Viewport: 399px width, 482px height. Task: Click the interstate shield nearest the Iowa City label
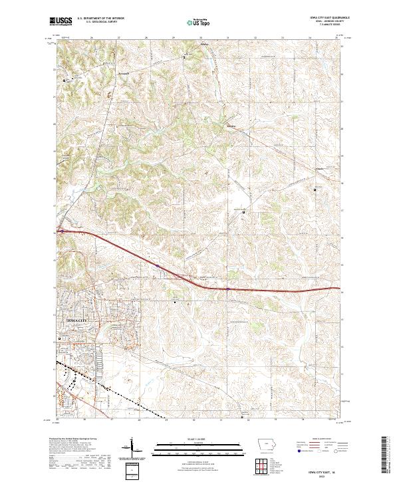pyautogui.click(x=158, y=265)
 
